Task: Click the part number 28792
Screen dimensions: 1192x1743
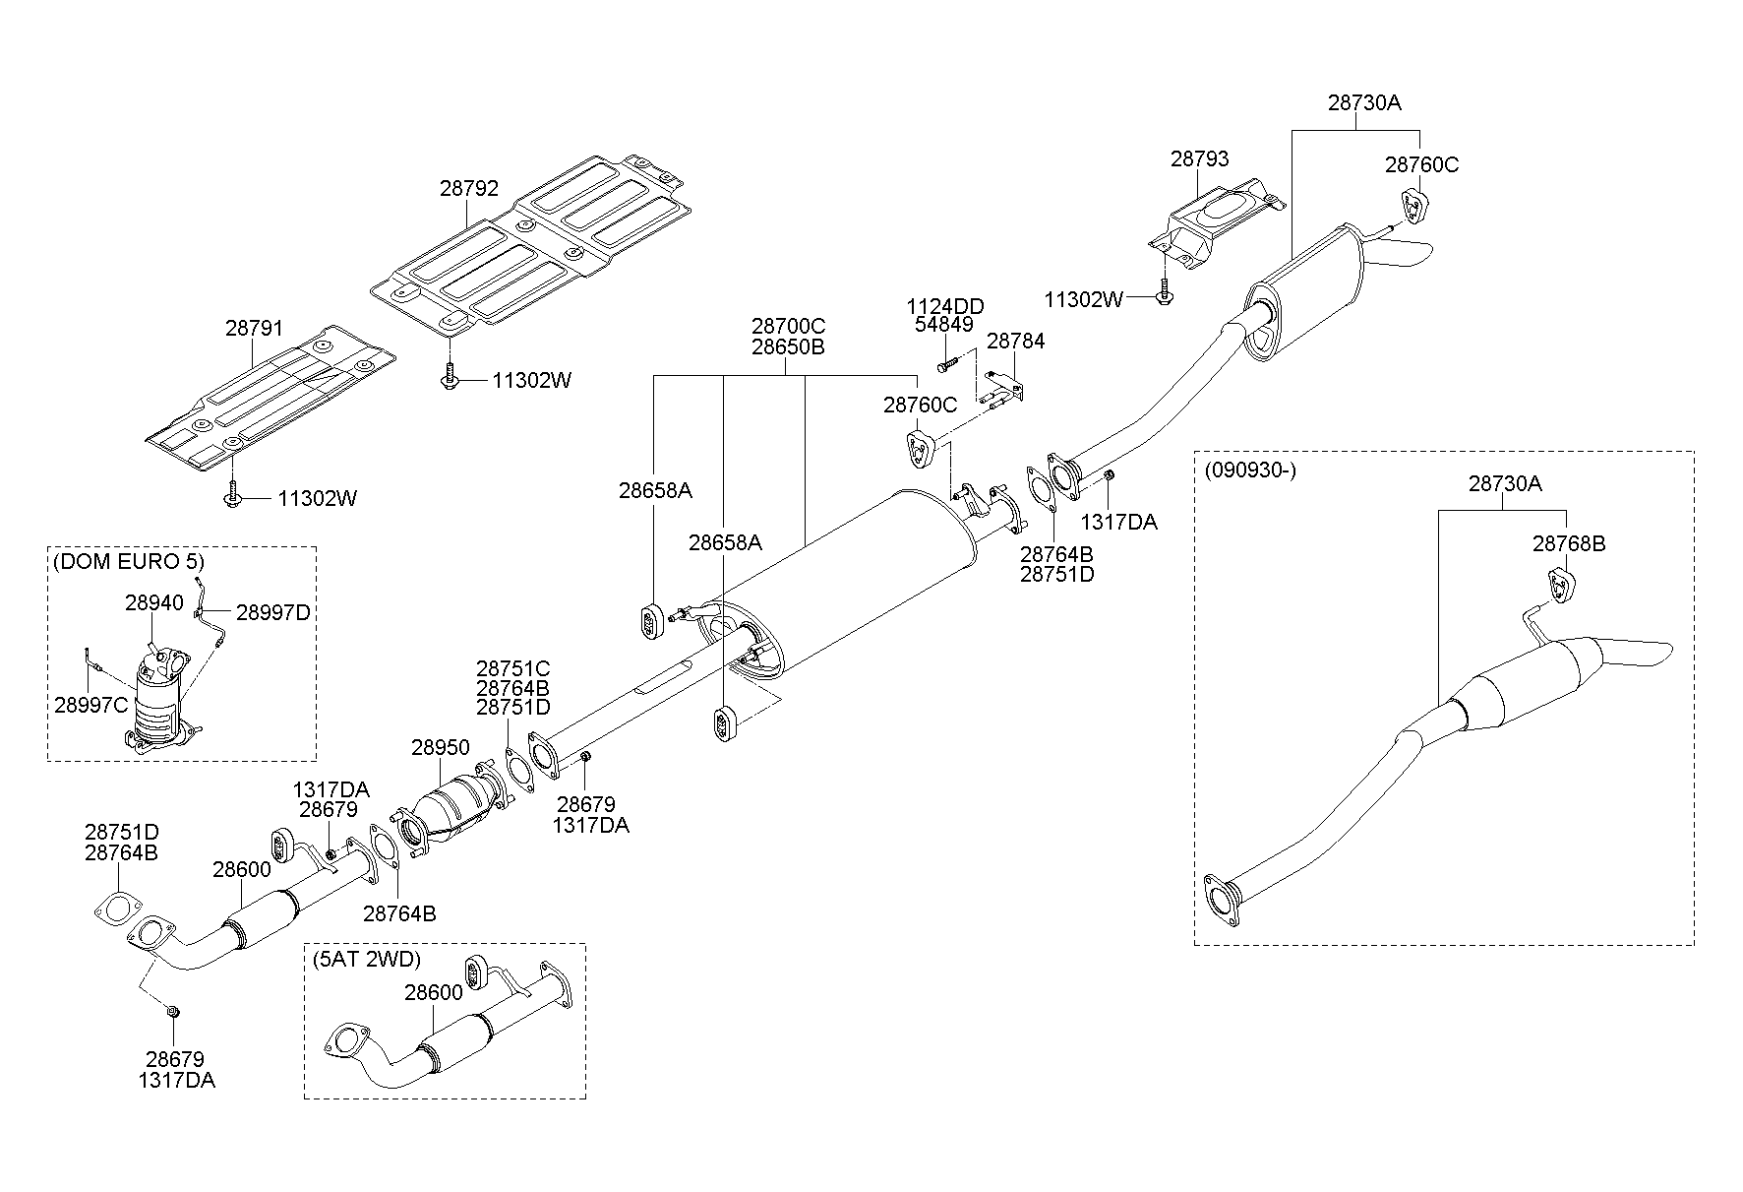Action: (468, 188)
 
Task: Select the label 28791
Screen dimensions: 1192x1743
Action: (254, 328)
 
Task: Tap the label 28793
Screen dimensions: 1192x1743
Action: (1199, 158)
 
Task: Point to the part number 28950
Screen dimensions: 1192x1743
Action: (440, 748)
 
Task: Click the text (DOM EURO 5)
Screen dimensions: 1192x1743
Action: (127, 562)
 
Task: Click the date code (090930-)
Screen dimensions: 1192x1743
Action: (1250, 470)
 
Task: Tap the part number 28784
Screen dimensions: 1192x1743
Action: (1015, 342)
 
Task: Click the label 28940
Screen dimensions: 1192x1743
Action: (153, 602)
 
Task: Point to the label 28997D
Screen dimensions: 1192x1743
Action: (272, 612)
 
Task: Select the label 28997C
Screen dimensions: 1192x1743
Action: (90, 704)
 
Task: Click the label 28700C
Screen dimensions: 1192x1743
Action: (788, 326)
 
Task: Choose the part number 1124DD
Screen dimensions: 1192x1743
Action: (944, 306)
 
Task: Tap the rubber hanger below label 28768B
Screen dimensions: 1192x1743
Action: (1560, 584)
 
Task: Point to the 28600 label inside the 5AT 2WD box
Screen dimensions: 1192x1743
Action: (433, 992)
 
